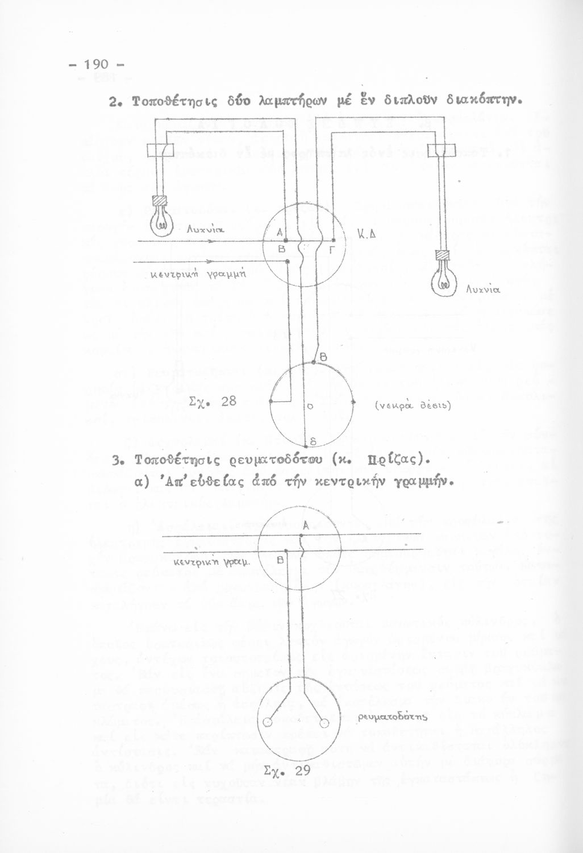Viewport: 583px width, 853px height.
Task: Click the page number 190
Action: [99, 64]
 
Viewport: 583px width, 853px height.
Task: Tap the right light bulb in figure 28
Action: [444, 278]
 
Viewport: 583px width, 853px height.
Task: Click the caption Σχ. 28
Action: [211, 401]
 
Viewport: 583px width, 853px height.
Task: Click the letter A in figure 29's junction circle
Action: [306, 526]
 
